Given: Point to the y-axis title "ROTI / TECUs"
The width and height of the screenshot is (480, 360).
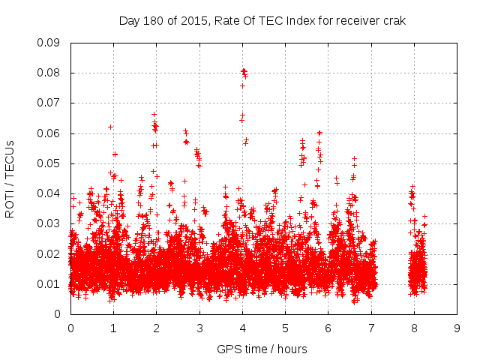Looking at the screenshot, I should [10, 178].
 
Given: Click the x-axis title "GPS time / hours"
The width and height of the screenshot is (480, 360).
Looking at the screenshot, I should [262, 349].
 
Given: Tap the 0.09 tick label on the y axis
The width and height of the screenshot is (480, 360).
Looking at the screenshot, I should [49, 43].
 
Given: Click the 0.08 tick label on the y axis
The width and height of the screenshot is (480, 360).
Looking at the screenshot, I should [49, 73].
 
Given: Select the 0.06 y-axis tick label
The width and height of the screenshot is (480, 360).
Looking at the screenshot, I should [49, 133].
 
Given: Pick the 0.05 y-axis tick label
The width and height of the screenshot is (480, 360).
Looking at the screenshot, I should [49, 163].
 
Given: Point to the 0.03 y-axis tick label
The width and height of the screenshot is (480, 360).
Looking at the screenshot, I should [49, 223].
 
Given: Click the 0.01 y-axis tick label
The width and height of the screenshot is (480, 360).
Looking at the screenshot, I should [49, 284].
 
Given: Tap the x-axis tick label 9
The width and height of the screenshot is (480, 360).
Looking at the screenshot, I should [457, 328].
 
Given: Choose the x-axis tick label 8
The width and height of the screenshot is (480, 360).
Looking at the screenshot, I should [414, 328].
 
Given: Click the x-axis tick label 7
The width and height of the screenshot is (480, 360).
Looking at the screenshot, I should [371, 328].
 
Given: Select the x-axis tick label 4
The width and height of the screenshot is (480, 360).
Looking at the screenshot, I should [242, 328].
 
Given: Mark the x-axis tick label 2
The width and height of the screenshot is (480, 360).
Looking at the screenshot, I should [156, 328].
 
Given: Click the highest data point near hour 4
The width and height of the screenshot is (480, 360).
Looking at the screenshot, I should [243, 70].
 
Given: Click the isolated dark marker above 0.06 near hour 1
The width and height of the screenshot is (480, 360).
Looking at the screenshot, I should [111, 127].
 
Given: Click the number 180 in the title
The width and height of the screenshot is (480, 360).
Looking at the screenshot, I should [153, 21].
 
